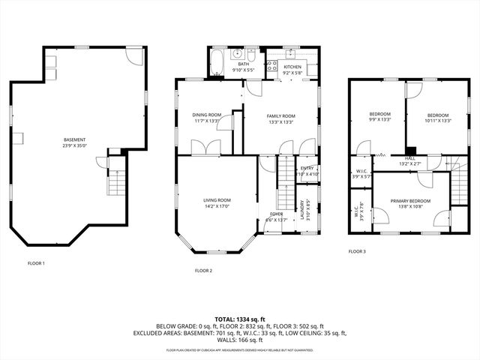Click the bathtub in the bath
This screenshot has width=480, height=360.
(216, 63)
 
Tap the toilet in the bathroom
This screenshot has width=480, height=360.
(252, 55)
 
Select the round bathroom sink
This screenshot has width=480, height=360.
(236, 54)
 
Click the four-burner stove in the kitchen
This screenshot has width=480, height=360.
(271, 66)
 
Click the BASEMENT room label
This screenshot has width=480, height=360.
(75, 139)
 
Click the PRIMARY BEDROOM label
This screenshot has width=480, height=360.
(411, 200)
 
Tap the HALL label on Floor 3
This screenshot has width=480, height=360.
(410, 158)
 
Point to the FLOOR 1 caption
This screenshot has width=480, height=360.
(36, 263)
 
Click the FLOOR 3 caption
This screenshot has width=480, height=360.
(357, 251)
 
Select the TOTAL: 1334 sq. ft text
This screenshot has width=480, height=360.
(239, 319)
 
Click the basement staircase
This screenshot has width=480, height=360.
(115, 181)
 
